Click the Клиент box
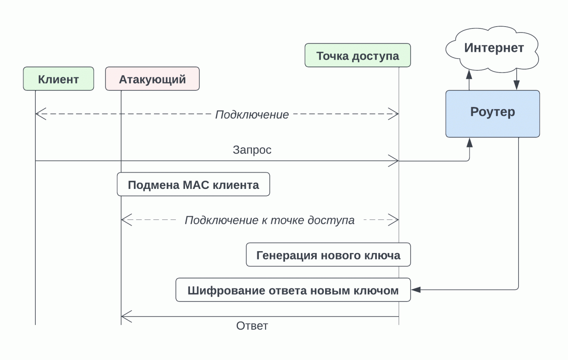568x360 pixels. (x=58, y=79)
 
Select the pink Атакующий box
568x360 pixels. (x=152, y=79)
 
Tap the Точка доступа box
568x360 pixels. (x=358, y=55)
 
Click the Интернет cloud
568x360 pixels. (x=493, y=48)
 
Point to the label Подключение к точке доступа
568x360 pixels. (x=269, y=220)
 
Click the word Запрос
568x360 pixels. (x=252, y=150)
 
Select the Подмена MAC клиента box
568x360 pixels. (x=193, y=185)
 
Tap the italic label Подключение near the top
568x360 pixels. (x=252, y=115)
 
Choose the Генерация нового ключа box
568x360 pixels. (x=328, y=255)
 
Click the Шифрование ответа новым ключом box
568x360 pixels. (x=293, y=290)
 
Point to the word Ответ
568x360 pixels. (x=252, y=326)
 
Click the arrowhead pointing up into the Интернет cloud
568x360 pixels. (x=469, y=75)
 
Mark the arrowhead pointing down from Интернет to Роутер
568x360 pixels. (x=516, y=85)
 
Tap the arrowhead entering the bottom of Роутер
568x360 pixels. (x=469, y=142)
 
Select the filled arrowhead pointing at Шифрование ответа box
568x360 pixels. (x=416, y=290)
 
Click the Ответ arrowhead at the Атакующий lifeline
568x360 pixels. (x=126, y=317)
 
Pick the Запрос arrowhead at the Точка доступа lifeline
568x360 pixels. (x=394, y=161)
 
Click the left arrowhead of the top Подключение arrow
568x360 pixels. (x=40, y=114)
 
